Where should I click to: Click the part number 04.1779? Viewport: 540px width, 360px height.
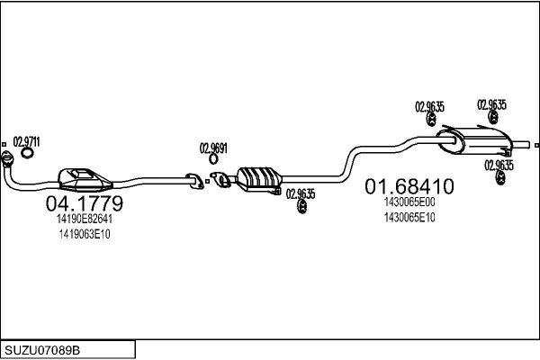coord(84,204)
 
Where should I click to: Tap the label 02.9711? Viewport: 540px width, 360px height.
coord(26,141)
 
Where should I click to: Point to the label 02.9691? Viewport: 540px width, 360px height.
coord(213,148)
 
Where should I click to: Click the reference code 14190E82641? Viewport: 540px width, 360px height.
coord(85,219)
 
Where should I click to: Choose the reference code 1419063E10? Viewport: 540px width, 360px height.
coord(84,233)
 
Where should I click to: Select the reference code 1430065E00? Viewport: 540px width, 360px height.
coord(409,202)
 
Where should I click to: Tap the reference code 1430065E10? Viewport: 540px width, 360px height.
coord(409,217)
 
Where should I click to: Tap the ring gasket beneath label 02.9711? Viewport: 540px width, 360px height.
coord(27,153)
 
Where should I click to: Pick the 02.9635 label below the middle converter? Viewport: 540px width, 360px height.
coord(301,193)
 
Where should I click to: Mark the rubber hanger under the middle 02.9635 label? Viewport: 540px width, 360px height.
coord(301,209)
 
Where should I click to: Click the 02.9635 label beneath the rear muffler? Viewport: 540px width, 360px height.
coord(499,165)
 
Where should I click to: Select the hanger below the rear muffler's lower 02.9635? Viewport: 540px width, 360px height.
coord(499,183)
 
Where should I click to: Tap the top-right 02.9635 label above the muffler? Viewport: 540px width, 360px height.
coord(491,103)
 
